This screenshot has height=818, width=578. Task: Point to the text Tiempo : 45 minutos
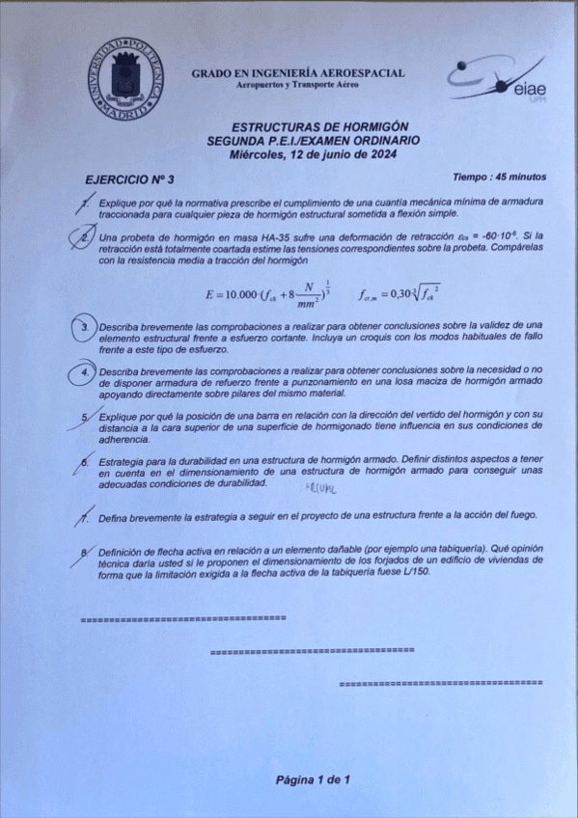coord(499,177)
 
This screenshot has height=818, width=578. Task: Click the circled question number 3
coord(85,329)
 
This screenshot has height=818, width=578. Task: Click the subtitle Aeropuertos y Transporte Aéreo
coord(298,86)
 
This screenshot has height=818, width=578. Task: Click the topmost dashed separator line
coord(182,616)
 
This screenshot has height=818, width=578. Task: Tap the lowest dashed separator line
coord(441,683)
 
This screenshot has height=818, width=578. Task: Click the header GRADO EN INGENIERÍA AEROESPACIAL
coord(298,73)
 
